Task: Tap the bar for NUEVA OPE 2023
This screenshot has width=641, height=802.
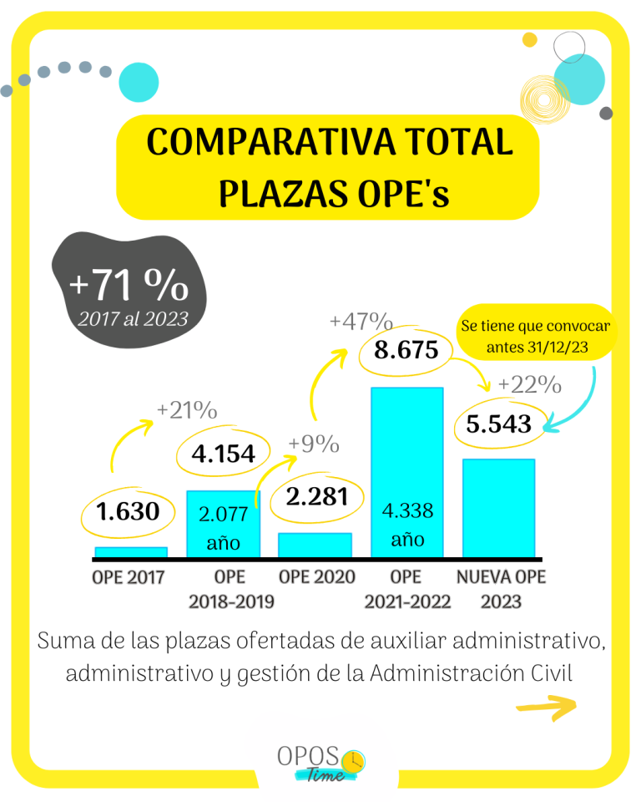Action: pyautogui.click(x=498, y=506)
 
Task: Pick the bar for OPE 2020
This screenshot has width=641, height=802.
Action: pyautogui.click(x=315, y=544)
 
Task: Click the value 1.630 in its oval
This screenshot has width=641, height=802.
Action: pyautogui.click(x=128, y=511)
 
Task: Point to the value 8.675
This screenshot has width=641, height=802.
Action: pyautogui.click(x=406, y=350)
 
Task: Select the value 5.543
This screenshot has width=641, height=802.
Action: pyautogui.click(x=498, y=424)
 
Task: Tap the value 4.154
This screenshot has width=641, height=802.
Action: pyautogui.click(x=223, y=454)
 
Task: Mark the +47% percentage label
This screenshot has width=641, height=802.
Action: pyautogui.click(x=361, y=322)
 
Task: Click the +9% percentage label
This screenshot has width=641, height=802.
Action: pyautogui.click(x=314, y=444)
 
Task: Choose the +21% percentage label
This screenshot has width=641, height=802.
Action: pyautogui.click(x=186, y=411)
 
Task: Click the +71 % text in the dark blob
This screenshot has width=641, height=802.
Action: pyautogui.click(x=129, y=286)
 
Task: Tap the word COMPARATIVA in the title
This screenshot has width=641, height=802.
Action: pyautogui.click(x=255, y=143)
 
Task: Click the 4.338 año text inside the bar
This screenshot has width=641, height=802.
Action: pyautogui.click(x=407, y=525)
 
